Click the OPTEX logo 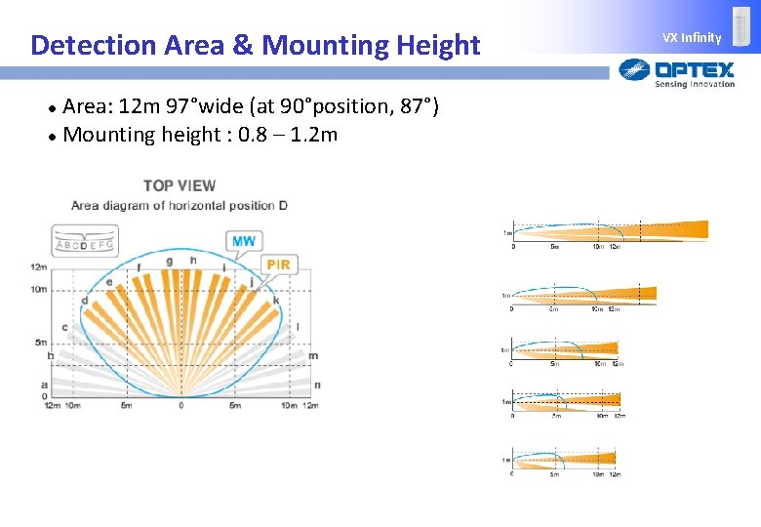677,71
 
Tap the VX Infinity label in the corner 692,38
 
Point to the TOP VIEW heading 180,185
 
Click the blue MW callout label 244,241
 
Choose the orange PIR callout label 278,264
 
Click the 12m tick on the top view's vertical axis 38,266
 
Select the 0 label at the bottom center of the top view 180,405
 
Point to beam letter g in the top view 170,262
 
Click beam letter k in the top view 276,301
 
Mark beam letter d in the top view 85,301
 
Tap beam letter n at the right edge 316,385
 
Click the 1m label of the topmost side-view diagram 507,233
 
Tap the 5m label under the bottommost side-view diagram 553,475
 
